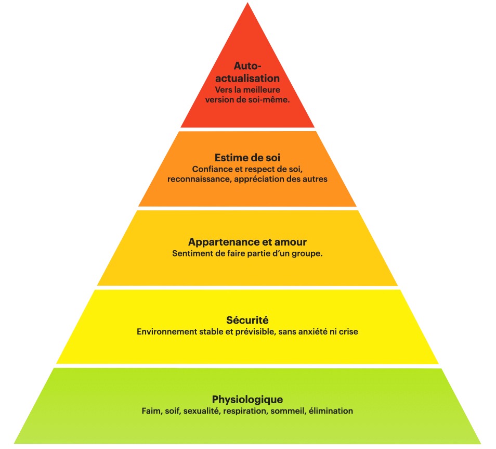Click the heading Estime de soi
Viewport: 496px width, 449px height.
pos(247,157)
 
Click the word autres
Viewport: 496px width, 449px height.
pos(315,178)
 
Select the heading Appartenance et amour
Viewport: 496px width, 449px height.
pos(247,242)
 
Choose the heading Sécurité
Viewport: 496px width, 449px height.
pos(247,320)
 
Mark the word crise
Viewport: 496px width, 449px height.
pos(348,331)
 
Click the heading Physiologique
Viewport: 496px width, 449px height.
pos(247,400)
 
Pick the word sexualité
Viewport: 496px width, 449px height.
pos(203,411)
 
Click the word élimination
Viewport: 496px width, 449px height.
pos(331,411)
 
